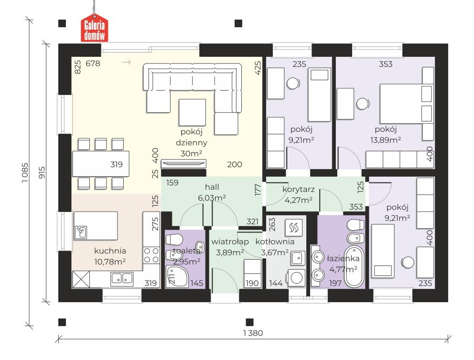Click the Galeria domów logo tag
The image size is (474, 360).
click(95, 30)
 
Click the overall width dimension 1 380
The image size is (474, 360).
click(253, 333)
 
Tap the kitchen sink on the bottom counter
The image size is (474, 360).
click(121, 278)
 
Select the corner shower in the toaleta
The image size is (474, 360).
click(173, 276)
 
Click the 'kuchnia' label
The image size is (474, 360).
click(110, 250)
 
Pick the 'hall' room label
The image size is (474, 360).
click(212, 187)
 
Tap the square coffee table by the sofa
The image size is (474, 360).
click(192, 112)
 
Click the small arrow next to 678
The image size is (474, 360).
click(127, 62)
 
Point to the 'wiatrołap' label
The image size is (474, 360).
click(228, 242)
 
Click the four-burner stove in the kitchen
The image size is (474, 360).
click(151, 254)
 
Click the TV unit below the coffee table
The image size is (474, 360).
click(184, 163)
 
